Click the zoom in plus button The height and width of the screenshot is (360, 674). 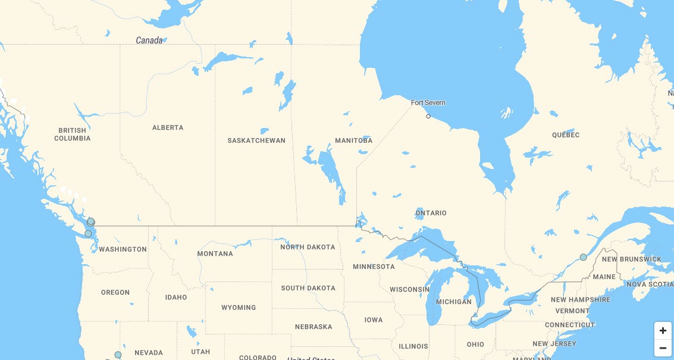(663, 330)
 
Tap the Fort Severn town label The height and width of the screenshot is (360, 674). (428, 103)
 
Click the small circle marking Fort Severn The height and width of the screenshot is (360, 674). (428, 117)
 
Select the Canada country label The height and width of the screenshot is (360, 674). (149, 40)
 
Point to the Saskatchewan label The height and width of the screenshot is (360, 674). (256, 141)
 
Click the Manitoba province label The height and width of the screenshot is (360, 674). (353, 141)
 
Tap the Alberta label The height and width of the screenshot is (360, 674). (168, 128)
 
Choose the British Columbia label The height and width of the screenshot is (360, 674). (73, 134)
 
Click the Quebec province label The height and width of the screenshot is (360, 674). (565, 135)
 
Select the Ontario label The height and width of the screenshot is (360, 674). (431, 213)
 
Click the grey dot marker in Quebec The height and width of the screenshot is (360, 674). (583, 257)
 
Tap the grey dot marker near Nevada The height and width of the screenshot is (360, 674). (118, 355)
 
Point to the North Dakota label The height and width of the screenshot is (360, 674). (308, 247)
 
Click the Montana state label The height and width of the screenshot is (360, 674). (215, 254)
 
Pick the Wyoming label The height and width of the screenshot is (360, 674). (239, 308)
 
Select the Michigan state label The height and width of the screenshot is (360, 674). (453, 302)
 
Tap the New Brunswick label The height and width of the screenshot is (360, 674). (631, 259)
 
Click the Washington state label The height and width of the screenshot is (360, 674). (123, 249)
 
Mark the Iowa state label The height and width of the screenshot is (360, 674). (374, 320)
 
